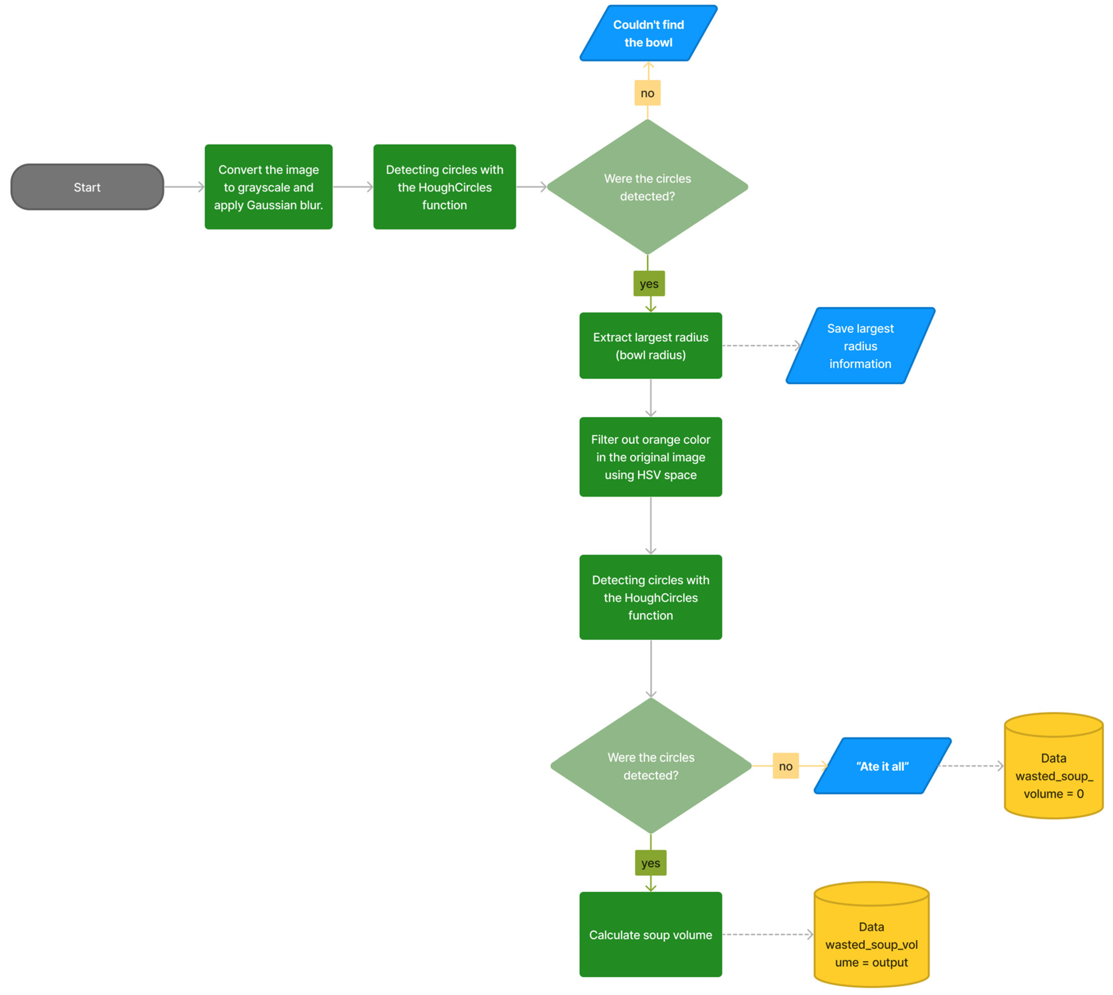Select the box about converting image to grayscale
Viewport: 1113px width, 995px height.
pyautogui.click(x=268, y=187)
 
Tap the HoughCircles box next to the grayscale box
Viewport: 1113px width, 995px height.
pyautogui.click(x=444, y=187)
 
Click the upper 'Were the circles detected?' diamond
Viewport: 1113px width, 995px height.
pyautogui.click(x=647, y=187)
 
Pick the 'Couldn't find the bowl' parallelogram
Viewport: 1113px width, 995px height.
pyautogui.click(x=648, y=33)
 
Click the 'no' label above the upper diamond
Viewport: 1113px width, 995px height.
pyautogui.click(x=647, y=93)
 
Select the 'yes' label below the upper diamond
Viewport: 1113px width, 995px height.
pyautogui.click(x=649, y=283)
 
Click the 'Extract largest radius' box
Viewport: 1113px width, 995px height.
pyautogui.click(x=650, y=346)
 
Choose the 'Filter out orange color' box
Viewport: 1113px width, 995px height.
pyautogui.click(x=650, y=457)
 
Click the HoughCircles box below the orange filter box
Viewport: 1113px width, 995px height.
pyautogui.click(x=650, y=597)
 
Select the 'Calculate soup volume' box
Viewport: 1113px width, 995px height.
pyautogui.click(x=650, y=934)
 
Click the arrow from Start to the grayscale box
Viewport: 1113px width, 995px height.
pyautogui.click(x=184, y=187)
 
